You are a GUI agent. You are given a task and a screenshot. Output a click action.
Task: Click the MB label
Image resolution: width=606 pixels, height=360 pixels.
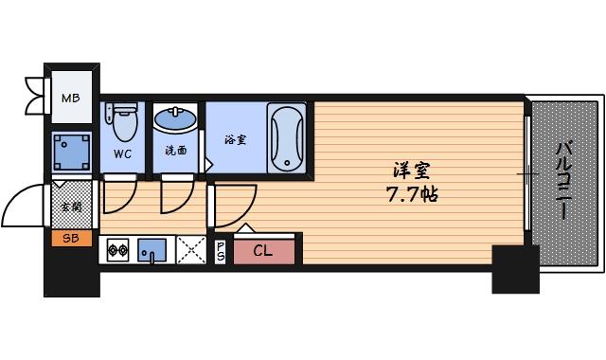tap(70, 97)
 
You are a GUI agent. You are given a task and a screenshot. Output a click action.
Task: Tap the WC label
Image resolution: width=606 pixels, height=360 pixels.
tap(122, 153)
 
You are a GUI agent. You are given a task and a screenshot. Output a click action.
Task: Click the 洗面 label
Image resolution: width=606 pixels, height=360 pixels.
tap(175, 151)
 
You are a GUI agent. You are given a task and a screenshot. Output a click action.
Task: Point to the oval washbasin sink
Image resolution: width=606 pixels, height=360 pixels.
tap(176, 121)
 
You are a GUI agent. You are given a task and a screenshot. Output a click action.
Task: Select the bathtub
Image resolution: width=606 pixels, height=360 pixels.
tap(286, 138)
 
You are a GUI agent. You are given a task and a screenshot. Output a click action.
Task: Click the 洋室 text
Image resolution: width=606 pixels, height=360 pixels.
tap(412, 172)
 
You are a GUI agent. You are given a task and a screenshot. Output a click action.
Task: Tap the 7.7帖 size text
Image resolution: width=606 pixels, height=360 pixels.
tap(410, 196)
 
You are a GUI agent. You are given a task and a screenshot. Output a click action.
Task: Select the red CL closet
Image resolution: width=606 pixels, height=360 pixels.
tap(262, 251)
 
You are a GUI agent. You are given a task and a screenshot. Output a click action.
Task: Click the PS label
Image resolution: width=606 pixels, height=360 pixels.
tap(221, 251)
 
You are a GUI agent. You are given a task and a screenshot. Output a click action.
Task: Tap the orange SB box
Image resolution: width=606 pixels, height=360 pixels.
tap(70, 239)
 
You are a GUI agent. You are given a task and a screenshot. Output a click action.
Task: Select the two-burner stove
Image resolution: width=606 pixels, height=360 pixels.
tap(117, 250)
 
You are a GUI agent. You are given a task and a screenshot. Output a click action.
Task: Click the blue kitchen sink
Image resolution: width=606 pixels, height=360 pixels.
tap(151, 250)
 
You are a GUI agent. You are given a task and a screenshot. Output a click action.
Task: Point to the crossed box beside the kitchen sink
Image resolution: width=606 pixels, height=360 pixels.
tap(190, 250)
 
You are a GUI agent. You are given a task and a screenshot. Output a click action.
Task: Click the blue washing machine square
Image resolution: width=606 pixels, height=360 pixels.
tap(72, 152)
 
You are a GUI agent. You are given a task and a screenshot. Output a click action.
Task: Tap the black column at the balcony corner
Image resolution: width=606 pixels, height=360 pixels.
tap(515, 268)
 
